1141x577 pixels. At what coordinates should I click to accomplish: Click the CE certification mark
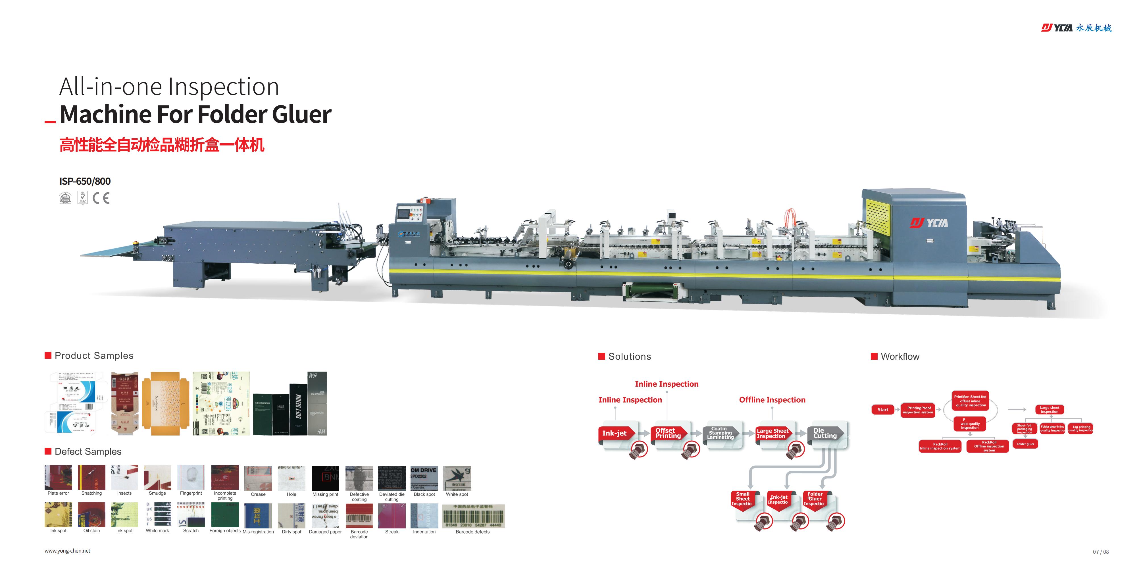click(x=101, y=198)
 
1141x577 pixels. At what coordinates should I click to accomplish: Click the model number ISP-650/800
click(x=85, y=181)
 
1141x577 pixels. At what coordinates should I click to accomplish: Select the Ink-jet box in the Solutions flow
click(x=616, y=433)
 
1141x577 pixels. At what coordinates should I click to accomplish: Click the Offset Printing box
click(x=668, y=433)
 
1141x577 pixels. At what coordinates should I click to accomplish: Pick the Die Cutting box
click(x=825, y=433)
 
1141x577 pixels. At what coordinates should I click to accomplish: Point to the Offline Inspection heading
click(x=772, y=400)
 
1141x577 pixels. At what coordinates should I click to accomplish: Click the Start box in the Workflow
click(x=882, y=410)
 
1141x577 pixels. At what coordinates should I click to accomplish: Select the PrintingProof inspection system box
click(x=919, y=410)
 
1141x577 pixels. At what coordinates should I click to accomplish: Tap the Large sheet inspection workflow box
click(x=1049, y=410)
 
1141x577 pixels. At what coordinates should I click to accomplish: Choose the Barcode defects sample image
click(x=473, y=516)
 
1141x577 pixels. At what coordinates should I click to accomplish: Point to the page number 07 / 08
click(x=1101, y=552)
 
